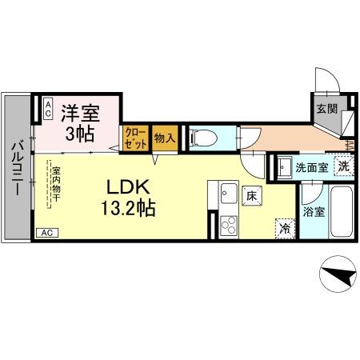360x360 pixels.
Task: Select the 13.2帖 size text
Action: [x=123, y=210]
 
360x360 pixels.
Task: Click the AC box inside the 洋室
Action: [x=48, y=109]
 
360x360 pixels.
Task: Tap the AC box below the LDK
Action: [x=46, y=233]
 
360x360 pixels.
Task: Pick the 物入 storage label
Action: [x=163, y=138]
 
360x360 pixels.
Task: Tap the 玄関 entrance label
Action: [x=325, y=109]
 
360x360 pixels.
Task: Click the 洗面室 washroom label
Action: [x=311, y=168]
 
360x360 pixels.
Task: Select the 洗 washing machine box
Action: [x=342, y=167]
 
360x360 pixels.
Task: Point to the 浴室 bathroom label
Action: [x=314, y=213]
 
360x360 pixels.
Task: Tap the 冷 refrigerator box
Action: [x=284, y=227]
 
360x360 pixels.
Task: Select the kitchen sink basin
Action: [x=227, y=192]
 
